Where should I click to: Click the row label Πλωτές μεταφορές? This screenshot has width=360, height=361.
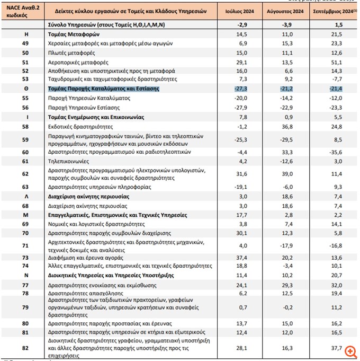pos(70,54)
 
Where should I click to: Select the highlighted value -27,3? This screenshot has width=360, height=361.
pos(241,89)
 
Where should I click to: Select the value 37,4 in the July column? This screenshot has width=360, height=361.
pos(242,258)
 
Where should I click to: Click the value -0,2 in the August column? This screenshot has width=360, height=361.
pos(290,307)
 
